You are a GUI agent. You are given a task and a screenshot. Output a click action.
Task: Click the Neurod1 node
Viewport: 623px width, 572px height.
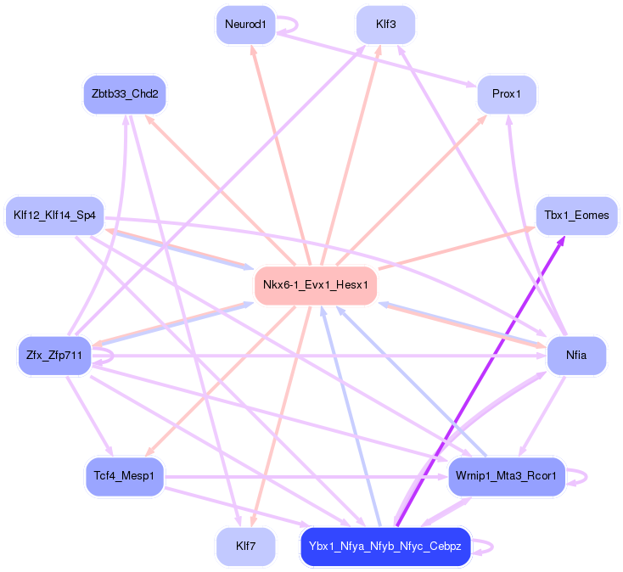(245, 25)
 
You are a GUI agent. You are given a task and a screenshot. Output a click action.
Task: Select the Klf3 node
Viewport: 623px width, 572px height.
(385, 25)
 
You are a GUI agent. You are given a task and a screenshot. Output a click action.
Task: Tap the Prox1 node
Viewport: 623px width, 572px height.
(507, 94)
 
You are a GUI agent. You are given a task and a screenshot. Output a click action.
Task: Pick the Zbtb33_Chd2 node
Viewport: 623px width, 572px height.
(125, 94)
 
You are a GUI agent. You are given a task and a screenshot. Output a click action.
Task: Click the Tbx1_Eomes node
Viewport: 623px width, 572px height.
(576, 216)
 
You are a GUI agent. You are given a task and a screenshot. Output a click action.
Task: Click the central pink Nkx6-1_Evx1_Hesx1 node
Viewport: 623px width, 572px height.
(315, 285)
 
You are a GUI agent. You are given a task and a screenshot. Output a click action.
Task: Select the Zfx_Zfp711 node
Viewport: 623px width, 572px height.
(54, 355)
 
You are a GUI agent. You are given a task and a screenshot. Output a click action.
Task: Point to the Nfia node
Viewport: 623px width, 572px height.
(576, 355)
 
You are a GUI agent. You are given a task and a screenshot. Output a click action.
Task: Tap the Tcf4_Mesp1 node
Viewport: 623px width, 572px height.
(124, 476)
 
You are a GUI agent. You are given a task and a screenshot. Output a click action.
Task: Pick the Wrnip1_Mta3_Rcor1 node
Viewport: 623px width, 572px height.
(506, 476)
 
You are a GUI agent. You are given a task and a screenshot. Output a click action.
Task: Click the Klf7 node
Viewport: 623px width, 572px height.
(245, 546)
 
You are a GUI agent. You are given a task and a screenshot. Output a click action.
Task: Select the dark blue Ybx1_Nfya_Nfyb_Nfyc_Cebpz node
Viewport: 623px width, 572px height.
(384, 547)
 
